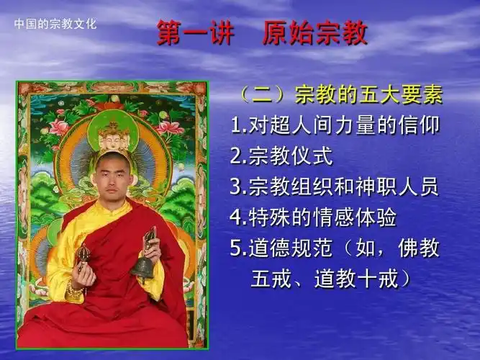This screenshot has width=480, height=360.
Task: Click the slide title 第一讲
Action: tap(190, 34)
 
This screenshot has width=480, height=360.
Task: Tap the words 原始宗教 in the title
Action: tap(315, 34)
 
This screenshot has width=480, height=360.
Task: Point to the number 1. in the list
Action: tap(237, 126)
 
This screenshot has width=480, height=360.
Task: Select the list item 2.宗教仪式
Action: tap(281, 156)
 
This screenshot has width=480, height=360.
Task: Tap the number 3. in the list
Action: tap(237, 187)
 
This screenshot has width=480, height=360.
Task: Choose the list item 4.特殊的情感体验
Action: tap(314, 217)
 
